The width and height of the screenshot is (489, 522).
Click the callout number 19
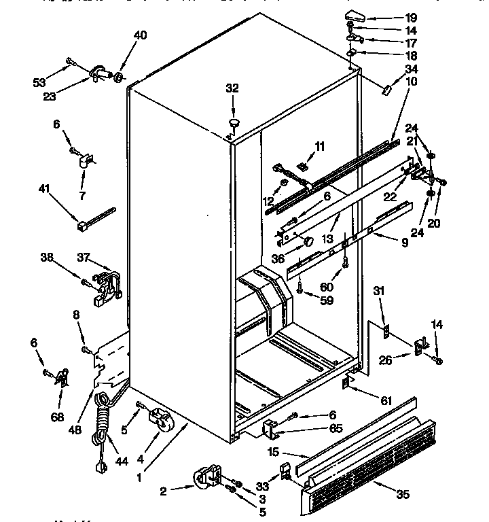(x=412, y=16)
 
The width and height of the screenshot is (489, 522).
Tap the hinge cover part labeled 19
(x=356, y=15)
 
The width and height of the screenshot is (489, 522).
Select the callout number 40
(x=139, y=35)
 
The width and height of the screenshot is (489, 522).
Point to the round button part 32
(x=234, y=122)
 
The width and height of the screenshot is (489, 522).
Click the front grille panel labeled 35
(x=360, y=469)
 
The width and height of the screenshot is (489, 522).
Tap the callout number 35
(x=403, y=494)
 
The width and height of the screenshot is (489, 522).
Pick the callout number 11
(x=319, y=145)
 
